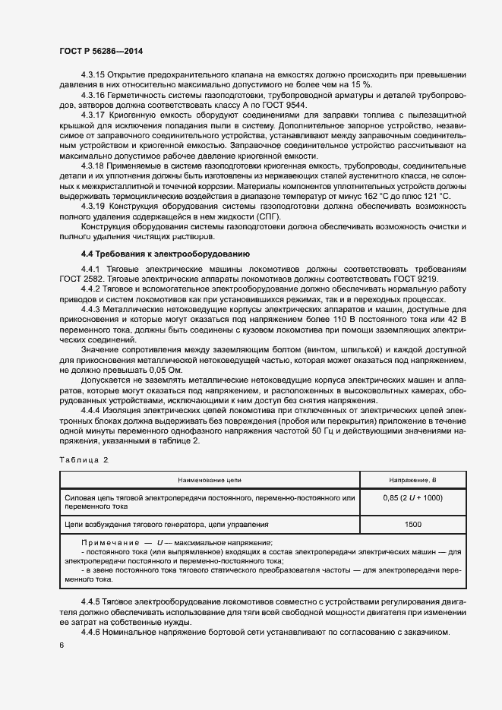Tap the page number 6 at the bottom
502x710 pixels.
pos(61,645)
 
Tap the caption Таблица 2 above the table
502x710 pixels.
pos(85,460)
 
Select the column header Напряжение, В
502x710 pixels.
pos(414,480)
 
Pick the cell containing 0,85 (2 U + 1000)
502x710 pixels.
pos(414,497)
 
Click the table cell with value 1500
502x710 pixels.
pos(414,524)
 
